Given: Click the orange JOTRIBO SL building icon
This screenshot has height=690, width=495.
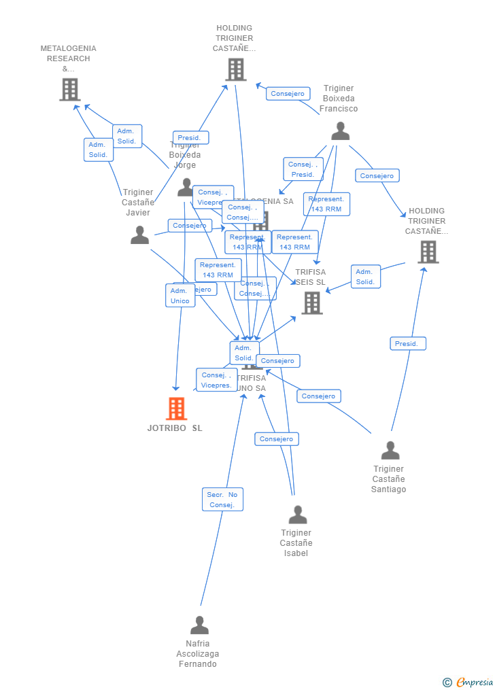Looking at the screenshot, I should point(177,409).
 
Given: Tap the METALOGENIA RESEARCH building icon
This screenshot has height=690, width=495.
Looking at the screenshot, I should point(69,89).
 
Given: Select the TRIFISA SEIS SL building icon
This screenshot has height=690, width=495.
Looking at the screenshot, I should point(312,303).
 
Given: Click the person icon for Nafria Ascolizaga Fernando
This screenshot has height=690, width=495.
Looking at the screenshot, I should point(199,625).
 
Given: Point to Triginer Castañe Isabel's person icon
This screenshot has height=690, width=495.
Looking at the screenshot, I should point(297,515).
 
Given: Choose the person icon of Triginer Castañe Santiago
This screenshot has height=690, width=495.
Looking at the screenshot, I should point(390,450).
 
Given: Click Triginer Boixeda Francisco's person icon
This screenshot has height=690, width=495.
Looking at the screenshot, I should point(340,131).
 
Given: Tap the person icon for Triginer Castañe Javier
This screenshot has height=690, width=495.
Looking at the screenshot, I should point(139,235).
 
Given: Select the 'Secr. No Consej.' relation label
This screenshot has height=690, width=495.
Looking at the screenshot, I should point(222,500).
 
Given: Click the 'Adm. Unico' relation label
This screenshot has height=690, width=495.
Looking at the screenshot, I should point(180,296).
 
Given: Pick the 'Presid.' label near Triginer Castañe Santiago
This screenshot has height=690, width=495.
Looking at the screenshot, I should point(408,344).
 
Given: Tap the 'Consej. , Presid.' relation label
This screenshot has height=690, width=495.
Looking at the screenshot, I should point(303,169).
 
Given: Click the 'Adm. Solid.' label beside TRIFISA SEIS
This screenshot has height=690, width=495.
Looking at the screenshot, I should point(365,277).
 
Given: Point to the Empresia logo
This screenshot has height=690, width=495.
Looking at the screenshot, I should point(468,682).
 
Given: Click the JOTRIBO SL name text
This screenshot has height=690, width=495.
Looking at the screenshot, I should point(175,428).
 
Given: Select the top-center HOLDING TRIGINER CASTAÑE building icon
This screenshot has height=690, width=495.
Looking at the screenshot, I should point(235,69).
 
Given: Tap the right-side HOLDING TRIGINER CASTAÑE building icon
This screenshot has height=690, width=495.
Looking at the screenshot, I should point(428,252).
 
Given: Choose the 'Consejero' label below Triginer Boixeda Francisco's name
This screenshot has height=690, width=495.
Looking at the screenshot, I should point(377,175).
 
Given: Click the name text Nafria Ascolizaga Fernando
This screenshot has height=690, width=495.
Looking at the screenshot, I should point(198,653).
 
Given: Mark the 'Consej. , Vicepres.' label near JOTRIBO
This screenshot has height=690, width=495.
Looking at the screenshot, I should point(216,380).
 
